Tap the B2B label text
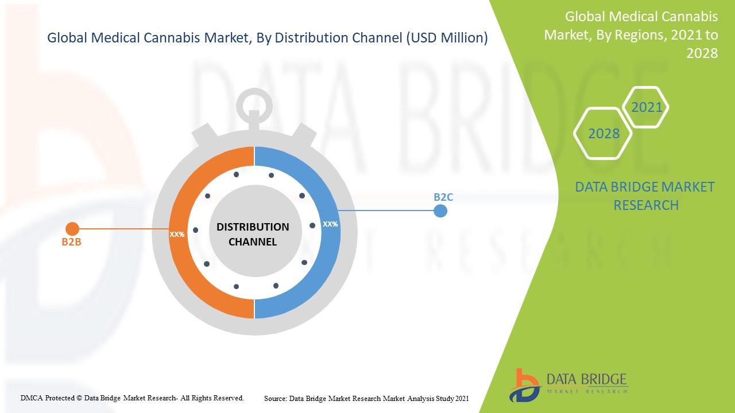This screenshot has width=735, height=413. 72,242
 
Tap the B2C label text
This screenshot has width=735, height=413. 443,197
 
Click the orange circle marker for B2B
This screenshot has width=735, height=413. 72,229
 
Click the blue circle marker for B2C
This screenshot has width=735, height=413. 440,211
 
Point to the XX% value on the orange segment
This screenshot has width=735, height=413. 177,235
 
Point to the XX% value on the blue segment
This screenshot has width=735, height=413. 330,224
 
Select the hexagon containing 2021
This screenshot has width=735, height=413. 645,107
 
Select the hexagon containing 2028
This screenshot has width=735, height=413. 603,134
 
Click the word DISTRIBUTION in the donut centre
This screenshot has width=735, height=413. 253,227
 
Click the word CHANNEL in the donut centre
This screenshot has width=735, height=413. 253,242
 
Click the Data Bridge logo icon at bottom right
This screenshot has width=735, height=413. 525,385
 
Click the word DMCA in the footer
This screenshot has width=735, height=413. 32,398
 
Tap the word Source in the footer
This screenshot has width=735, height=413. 275,399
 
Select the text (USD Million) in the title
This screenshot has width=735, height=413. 447,38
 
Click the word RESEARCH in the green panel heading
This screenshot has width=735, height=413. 646,205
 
